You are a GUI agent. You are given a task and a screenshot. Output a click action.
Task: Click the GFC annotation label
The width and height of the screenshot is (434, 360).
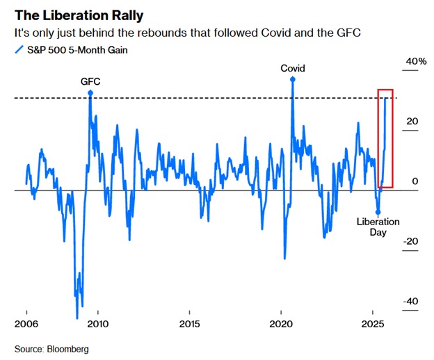[90, 81]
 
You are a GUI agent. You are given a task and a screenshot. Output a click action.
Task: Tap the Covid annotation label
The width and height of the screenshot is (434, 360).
[293, 68]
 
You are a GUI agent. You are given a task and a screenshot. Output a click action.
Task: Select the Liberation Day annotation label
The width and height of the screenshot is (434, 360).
[378, 227]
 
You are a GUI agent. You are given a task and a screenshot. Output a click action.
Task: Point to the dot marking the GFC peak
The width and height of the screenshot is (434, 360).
[90, 92]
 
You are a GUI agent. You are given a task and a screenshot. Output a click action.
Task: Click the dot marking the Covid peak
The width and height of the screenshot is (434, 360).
[293, 79]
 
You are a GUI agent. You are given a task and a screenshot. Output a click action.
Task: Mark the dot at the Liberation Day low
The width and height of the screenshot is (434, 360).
[378, 212]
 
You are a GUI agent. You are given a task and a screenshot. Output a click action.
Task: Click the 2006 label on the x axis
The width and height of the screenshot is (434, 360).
[26, 325]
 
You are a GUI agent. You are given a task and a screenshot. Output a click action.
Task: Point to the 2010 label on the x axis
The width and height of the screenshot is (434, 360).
[98, 325]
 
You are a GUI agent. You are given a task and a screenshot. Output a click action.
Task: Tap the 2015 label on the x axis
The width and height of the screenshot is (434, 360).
[189, 325]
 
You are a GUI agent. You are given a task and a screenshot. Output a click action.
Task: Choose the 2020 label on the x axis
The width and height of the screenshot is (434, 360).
[281, 325]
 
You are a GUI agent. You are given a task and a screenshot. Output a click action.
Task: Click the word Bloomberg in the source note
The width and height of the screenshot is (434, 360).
[68, 348]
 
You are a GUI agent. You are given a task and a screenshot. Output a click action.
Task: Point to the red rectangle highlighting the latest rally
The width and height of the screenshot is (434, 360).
[385, 138]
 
